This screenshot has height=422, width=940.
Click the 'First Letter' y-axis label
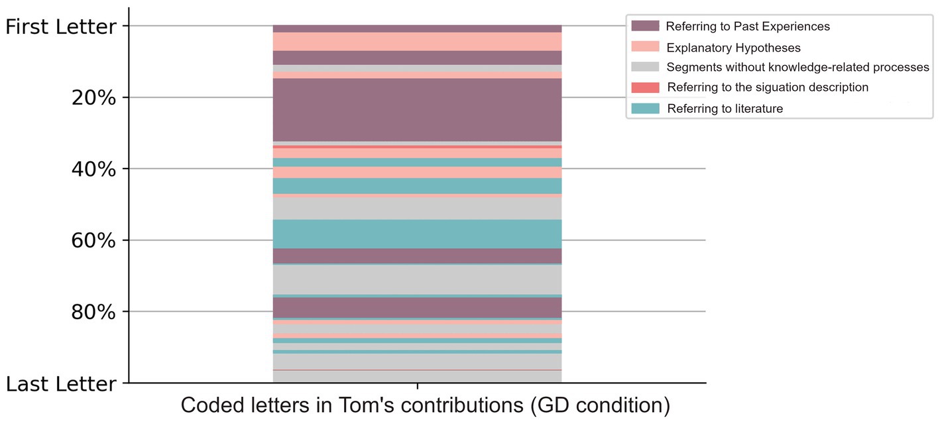[60, 27]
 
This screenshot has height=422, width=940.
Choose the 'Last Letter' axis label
[60, 384]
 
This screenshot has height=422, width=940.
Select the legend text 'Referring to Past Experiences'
[748, 27]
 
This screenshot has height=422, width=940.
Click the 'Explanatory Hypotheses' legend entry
[733, 48]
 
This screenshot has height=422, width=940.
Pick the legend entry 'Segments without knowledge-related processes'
[797, 67]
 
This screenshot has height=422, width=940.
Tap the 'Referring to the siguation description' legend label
[767, 88]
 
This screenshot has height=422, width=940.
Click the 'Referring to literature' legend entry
[725, 109]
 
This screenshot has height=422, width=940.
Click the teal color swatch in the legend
[645, 108]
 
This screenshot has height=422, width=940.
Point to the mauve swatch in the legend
[645, 26]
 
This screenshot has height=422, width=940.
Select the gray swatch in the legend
[645, 66]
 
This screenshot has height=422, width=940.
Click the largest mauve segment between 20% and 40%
[417, 109]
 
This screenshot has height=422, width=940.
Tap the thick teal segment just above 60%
[417, 234]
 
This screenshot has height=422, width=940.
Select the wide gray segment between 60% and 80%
[417, 279]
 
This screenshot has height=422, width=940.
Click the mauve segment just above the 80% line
[417, 307]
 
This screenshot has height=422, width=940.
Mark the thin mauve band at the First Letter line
[417, 29]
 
